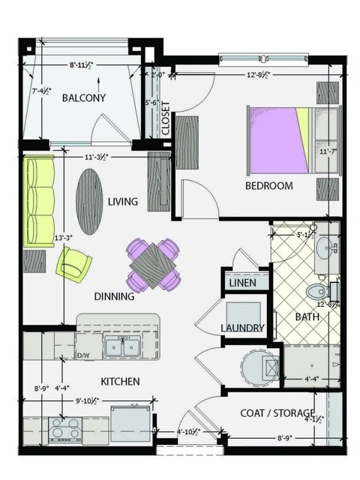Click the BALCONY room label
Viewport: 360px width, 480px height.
coord(83,98)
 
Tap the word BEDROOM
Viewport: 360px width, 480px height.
coord(268,186)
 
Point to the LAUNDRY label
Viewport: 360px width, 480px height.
coord(242,328)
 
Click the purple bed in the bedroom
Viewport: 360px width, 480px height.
coord(277,140)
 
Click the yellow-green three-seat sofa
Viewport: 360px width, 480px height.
coord(40,201)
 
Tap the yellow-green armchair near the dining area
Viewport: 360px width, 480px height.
coord(74,264)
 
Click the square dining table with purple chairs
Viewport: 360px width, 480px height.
coord(154,264)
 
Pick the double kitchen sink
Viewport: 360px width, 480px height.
coord(122,347)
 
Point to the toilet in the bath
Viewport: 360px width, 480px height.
coord(317,290)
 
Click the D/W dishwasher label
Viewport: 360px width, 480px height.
coord(84,355)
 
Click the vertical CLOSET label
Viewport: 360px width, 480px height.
coord(165,118)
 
